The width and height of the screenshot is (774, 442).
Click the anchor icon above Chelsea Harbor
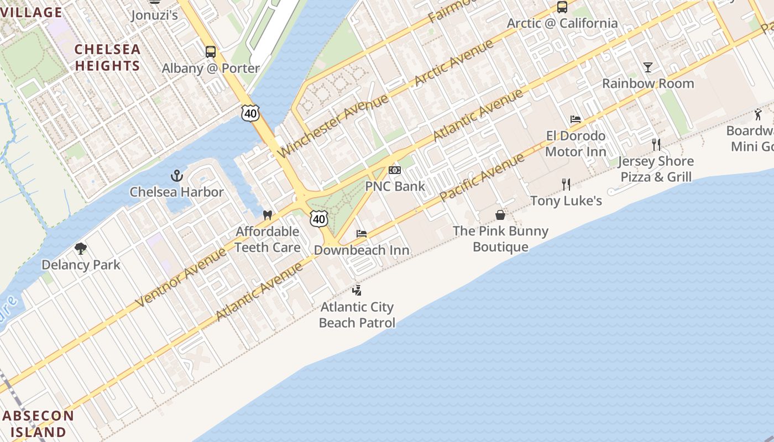pos(176,176)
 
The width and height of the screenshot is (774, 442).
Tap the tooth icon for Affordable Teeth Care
pos(268,215)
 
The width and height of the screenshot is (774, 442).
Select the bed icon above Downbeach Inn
pos(362,234)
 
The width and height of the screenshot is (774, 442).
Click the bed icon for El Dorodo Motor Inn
pos(576,119)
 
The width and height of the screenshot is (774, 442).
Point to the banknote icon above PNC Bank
pos(395,170)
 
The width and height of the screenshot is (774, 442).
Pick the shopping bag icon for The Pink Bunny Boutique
pos(500,215)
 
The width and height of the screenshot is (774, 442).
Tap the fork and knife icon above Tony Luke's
pos(566,184)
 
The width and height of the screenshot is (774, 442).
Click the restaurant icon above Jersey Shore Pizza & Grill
pos(656,145)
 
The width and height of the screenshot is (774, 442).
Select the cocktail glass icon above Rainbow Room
pos(648,67)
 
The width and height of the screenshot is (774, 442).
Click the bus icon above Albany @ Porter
pos(211,52)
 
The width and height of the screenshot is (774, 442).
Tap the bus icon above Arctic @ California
pos(562,7)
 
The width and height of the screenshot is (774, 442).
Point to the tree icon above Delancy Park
pos(81,249)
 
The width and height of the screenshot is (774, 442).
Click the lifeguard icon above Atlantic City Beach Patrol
pos(357,290)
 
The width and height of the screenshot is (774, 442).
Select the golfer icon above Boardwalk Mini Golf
pos(758,115)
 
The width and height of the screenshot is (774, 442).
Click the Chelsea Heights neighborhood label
pos(107,57)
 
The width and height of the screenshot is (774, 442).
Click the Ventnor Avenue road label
pos(181,277)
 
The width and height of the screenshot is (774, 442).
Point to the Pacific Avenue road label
pos(482,178)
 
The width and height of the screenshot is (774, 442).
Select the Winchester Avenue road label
pos(333,125)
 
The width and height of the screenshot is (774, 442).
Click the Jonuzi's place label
pos(154,15)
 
